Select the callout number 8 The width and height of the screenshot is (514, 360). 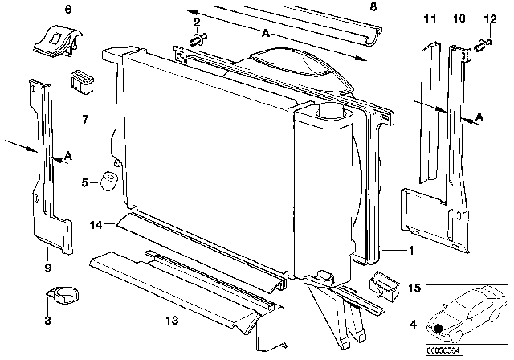pyautogui.click(x=372, y=8)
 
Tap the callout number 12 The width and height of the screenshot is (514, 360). pyautogui.click(x=488, y=18)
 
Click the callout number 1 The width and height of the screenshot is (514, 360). pyautogui.click(x=412, y=251)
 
